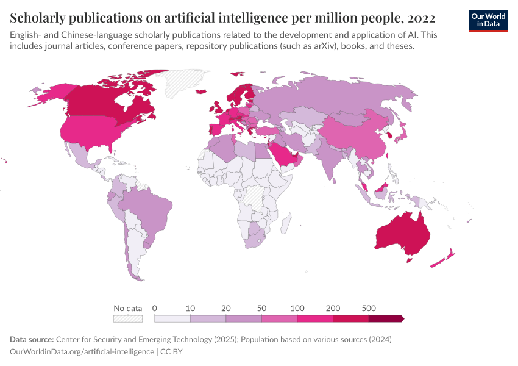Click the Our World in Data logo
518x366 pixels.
488,20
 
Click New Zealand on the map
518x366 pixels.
442,259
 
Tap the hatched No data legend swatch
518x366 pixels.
128,318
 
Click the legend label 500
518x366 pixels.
368,308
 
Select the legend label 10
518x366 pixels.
190,308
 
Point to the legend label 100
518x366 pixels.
297,308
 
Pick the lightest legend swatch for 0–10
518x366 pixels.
172,318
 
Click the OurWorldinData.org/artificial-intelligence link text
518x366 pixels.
82,351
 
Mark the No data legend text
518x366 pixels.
127,308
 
